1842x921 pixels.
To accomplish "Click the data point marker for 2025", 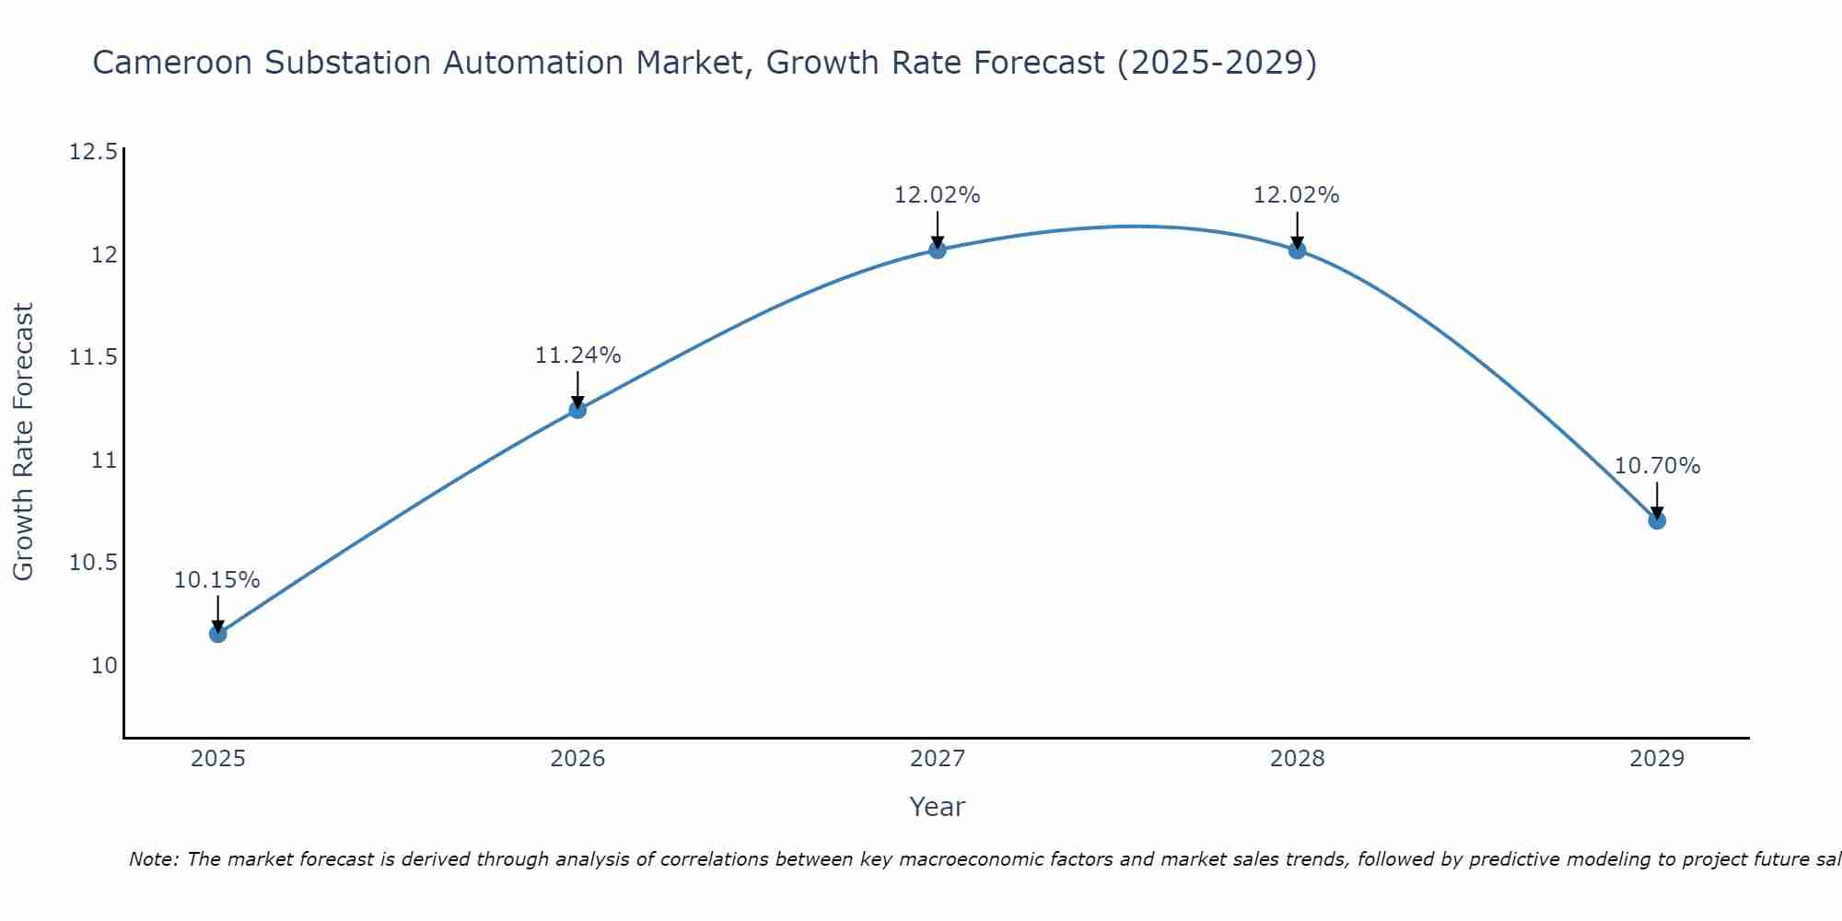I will (x=217, y=634).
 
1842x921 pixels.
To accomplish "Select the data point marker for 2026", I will (x=577, y=409).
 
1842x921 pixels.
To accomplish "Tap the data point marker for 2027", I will (x=938, y=250).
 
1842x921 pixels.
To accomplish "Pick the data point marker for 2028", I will (x=1297, y=250).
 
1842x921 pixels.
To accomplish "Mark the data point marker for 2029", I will (x=1657, y=520).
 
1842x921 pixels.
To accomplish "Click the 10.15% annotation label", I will (x=217, y=580).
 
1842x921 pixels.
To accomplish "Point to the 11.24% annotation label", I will (x=577, y=356).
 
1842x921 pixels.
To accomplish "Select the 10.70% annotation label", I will (x=1657, y=466).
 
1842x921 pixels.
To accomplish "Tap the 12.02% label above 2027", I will (x=938, y=195).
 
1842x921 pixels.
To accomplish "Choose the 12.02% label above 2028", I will (x=1297, y=195).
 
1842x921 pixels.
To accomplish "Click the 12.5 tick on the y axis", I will (x=94, y=152).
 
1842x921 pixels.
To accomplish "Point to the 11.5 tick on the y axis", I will (x=94, y=357).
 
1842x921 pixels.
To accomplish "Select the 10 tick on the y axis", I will (x=104, y=666).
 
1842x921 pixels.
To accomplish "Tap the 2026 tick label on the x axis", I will (x=577, y=759).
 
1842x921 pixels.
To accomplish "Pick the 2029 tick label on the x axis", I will (x=1657, y=759).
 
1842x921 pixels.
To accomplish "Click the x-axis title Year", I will (x=937, y=807).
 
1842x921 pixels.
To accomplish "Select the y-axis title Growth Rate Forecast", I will (x=23, y=441).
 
